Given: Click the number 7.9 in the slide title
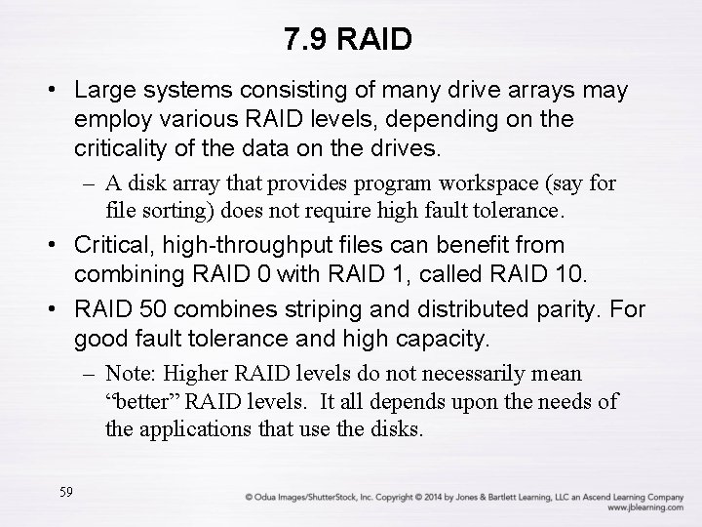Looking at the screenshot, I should point(304,40).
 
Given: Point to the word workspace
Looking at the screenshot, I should point(478,182).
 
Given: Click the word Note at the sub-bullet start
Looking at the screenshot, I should point(131,374).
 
